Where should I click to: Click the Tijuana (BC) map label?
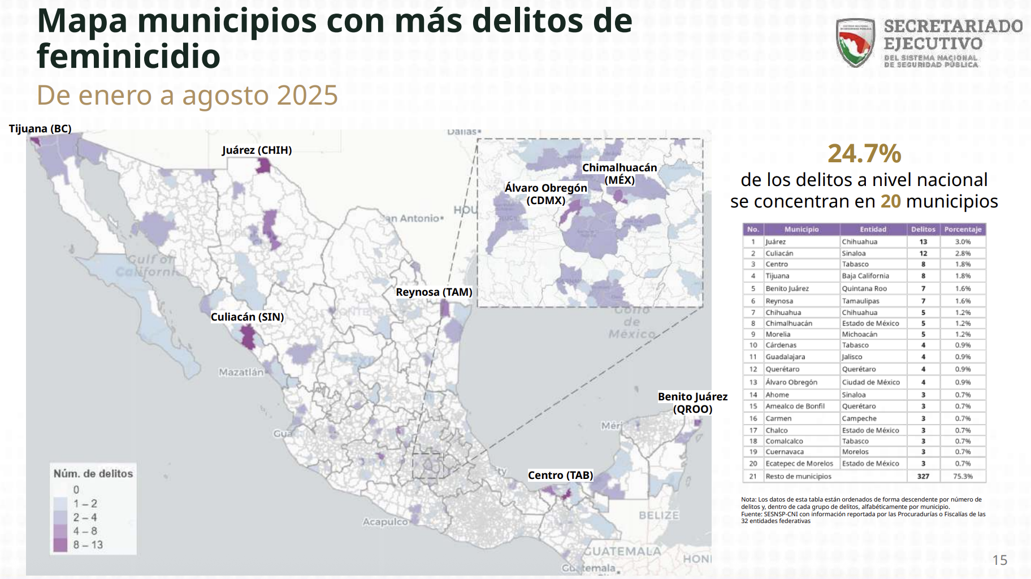coord(40,129)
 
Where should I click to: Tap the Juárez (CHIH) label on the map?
coord(257,150)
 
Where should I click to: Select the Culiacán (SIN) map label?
coord(247,317)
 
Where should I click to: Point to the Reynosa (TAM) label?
coord(434,292)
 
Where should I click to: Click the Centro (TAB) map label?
coord(560,476)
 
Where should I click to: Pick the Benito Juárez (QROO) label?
coord(692,403)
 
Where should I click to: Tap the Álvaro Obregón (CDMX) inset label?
coord(545,194)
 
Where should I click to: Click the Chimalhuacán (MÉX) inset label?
coord(620,174)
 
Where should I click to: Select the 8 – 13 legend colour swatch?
coord(60,545)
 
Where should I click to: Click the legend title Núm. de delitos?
coord(93,474)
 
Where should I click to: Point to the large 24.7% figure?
coord(864,154)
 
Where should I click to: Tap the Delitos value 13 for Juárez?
coord(923,242)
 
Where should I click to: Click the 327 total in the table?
coord(923,477)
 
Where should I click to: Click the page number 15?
coord(999,560)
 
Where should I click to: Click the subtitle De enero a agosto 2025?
coord(187,96)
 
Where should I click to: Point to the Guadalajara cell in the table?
coord(785,357)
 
